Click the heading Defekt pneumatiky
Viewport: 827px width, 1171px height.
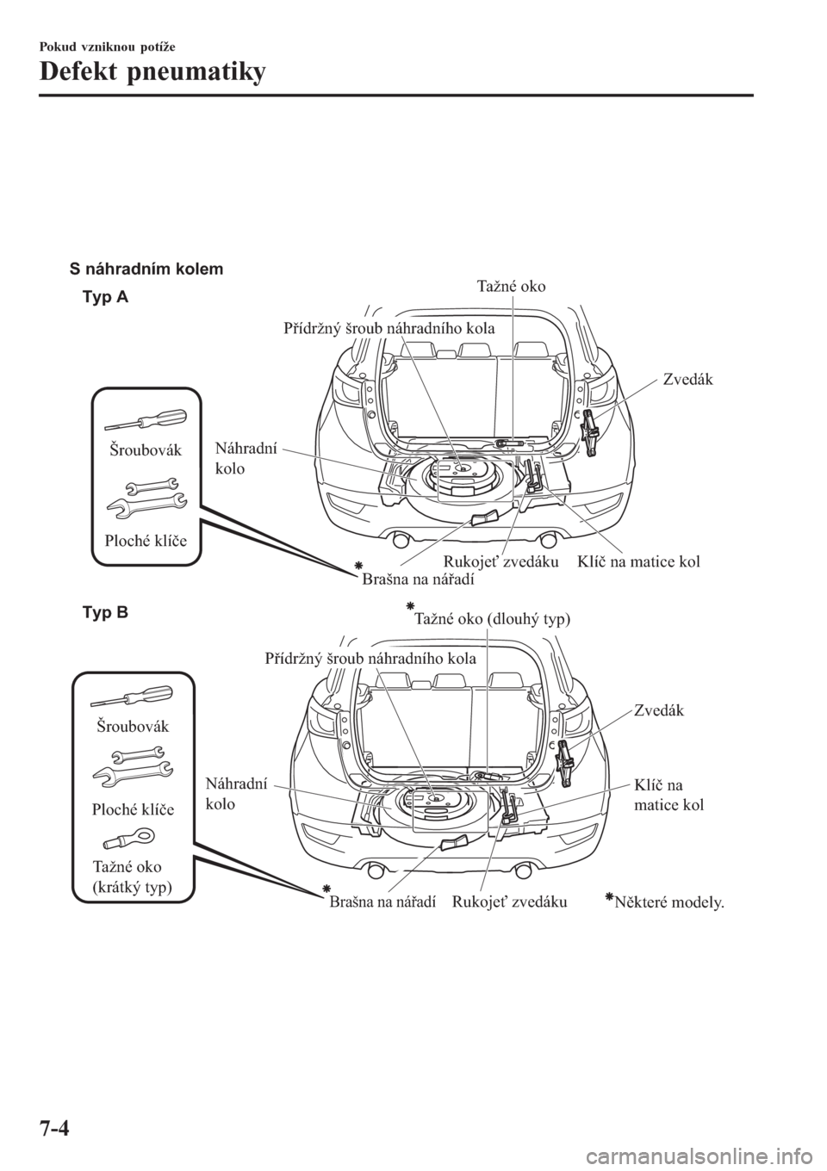[152, 74]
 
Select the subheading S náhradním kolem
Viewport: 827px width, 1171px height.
[146, 270]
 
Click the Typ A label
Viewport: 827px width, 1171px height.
[105, 297]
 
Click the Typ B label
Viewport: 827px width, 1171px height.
[105, 613]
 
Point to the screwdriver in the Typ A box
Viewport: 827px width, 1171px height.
[146, 420]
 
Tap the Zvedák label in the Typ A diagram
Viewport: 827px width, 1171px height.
[687, 379]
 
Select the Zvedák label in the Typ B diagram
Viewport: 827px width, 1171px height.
[658, 710]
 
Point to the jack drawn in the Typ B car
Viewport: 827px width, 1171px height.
[564, 763]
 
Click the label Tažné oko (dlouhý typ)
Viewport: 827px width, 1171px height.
[492, 619]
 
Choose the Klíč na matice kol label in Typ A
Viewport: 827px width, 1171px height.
[638, 562]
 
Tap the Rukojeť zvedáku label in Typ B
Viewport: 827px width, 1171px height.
[509, 901]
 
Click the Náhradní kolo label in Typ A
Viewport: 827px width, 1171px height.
[246, 458]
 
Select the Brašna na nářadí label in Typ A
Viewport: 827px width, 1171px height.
[418, 579]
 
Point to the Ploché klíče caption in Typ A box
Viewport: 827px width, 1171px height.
[146, 540]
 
